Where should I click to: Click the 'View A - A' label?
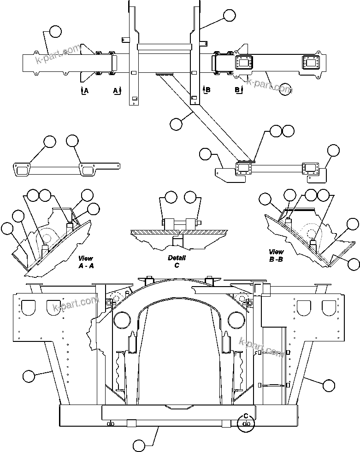86,262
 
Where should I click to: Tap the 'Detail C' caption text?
177,262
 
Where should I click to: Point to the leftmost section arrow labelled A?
83,90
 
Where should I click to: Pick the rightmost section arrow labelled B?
238,89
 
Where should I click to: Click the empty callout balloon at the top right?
229,15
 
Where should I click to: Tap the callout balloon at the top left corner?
55,31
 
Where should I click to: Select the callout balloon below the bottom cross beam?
139,445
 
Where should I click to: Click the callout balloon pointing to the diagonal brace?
176,123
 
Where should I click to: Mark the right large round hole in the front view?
236,319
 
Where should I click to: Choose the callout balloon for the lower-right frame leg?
329,384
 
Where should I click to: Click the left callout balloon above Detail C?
171,197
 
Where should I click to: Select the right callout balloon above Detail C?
190,198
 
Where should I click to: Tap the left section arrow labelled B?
206,89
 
